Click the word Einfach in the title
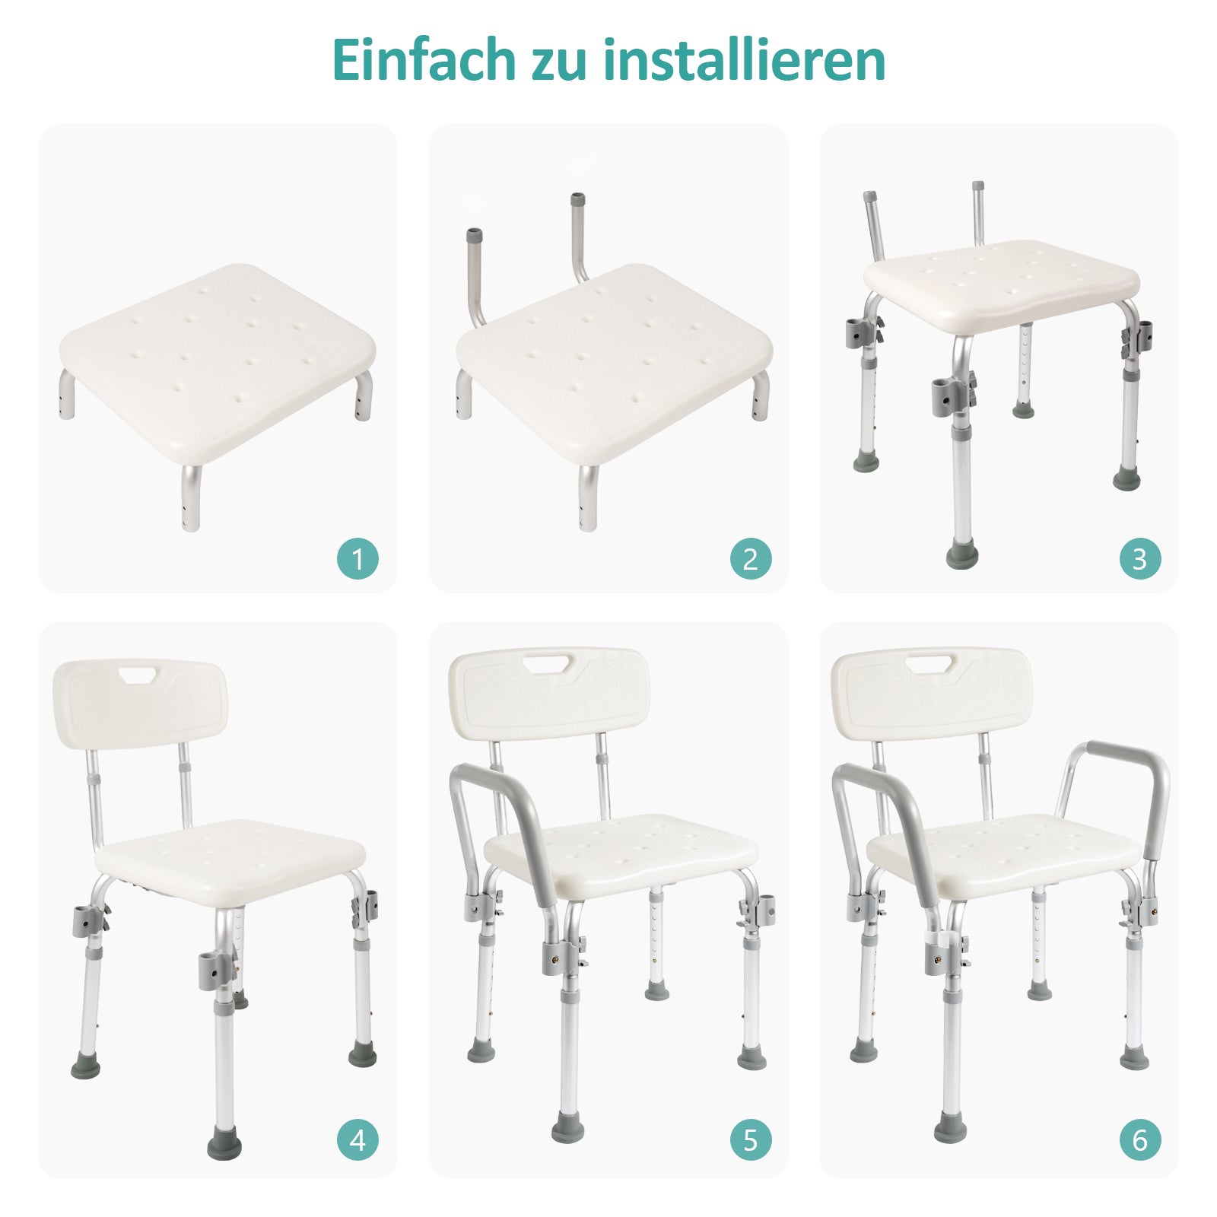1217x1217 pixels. point(424,60)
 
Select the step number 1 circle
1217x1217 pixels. point(357,559)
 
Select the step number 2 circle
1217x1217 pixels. point(750,559)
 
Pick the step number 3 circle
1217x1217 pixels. point(1139,559)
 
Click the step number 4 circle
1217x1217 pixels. point(357,1140)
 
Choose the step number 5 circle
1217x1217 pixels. point(750,1140)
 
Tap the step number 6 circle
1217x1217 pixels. point(1139,1140)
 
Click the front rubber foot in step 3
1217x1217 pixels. point(961,553)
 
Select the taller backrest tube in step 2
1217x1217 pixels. point(577,236)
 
